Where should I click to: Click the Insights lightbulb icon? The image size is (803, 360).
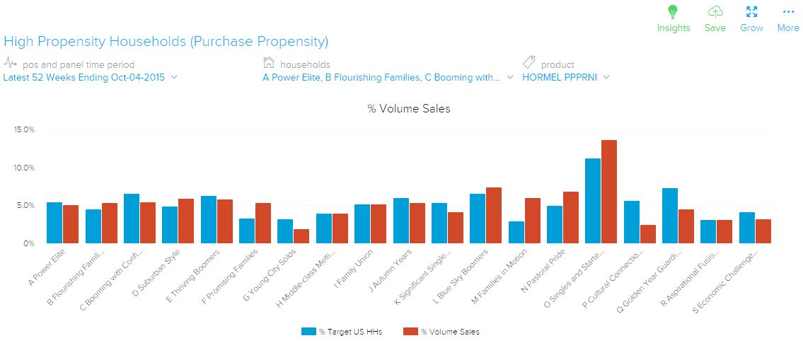tap(673, 12)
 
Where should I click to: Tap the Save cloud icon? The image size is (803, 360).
tap(715, 12)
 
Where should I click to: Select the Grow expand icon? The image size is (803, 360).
tap(751, 12)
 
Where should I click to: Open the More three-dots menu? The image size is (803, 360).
tap(787, 12)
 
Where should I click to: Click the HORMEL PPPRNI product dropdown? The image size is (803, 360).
tap(565, 78)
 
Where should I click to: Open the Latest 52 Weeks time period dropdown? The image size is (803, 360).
tap(90, 78)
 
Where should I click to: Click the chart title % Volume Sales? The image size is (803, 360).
tap(408, 109)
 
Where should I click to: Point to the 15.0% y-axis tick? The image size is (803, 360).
tap(24, 130)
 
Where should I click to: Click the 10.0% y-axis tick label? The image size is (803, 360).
tap(24, 168)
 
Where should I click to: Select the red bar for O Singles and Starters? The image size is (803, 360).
tap(609, 192)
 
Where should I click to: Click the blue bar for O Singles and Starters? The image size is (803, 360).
tap(592, 201)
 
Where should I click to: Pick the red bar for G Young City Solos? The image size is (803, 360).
tap(301, 236)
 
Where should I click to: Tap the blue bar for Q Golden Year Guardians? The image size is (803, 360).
tap(669, 216)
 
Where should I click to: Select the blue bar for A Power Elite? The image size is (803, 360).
tap(54, 223)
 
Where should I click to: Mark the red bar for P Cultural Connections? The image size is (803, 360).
tap(648, 234)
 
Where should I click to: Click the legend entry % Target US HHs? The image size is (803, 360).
tap(343, 332)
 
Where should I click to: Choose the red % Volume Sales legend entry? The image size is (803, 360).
tap(442, 332)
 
